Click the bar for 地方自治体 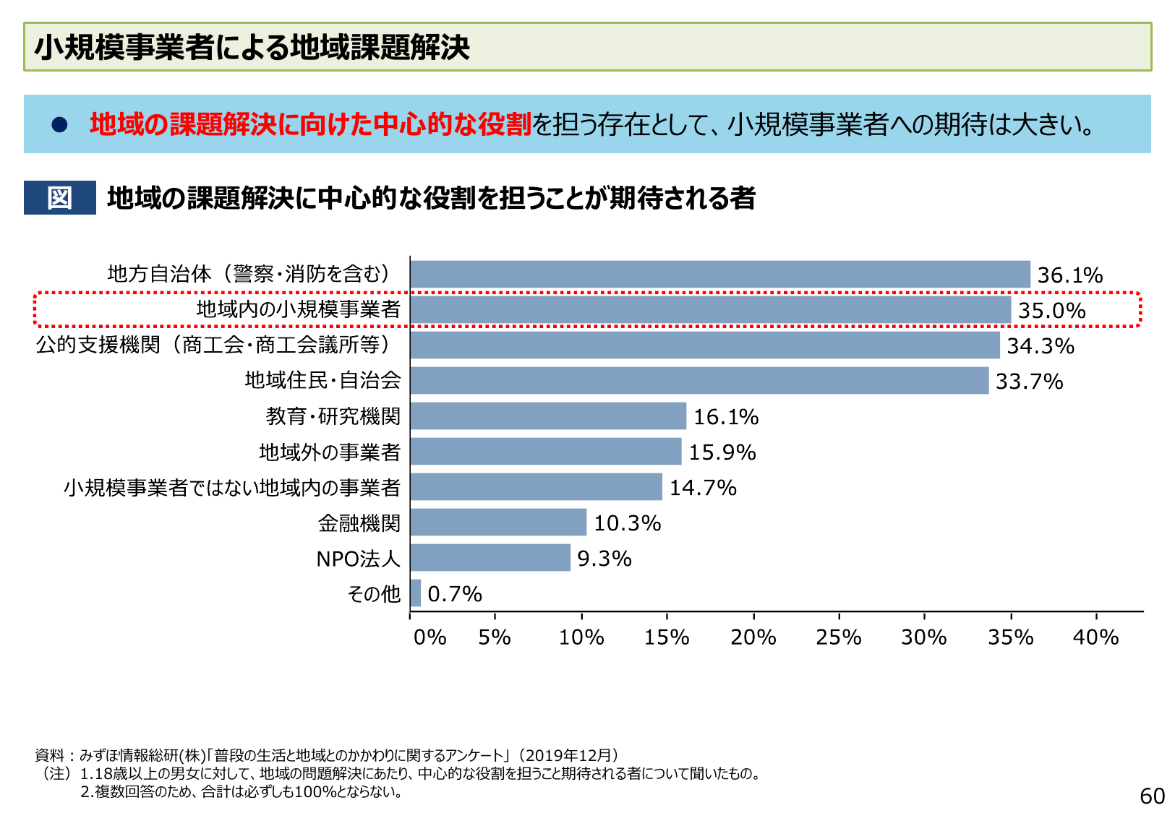(x=719, y=275)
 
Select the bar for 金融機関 (x=498, y=522)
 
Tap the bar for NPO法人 (x=490, y=558)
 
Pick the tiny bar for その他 (x=415, y=593)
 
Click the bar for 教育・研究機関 (x=548, y=416)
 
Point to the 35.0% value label (x=1051, y=311)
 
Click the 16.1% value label (x=725, y=417)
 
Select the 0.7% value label (x=454, y=594)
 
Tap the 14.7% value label (x=702, y=488)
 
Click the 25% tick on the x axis (x=838, y=637)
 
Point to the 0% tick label (x=430, y=637)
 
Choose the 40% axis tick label (x=1095, y=637)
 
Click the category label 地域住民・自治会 (x=322, y=380)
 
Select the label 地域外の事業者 (x=330, y=452)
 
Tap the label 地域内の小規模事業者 (x=298, y=309)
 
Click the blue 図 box (x=59, y=197)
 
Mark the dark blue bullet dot (x=59, y=125)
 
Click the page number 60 (x=1152, y=796)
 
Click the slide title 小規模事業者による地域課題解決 (x=252, y=47)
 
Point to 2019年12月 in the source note (x=568, y=755)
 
